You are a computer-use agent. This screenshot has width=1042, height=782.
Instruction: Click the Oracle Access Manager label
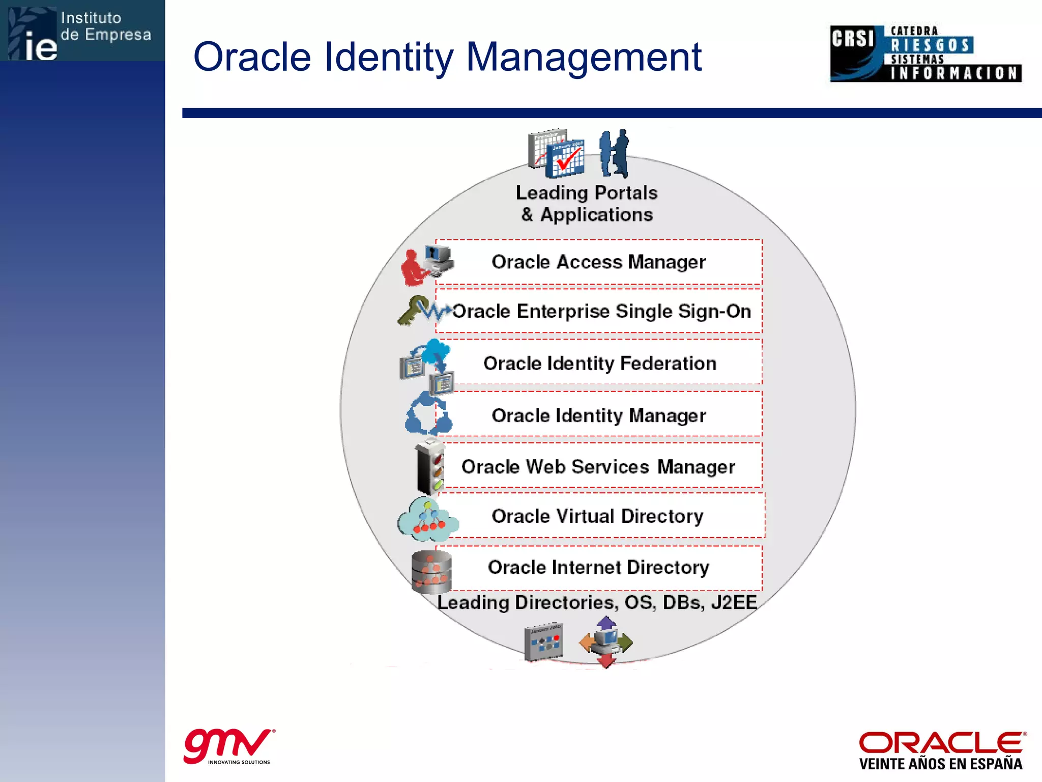pyautogui.click(x=598, y=262)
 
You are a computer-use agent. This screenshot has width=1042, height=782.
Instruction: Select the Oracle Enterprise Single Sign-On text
pyautogui.click(x=601, y=312)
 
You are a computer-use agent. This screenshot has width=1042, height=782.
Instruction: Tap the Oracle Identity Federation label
pyautogui.click(x=600, y=364)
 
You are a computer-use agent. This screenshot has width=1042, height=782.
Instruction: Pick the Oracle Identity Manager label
pyautogui.click(x=598, y=415)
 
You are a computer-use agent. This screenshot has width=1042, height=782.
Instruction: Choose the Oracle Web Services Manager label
pyautogui.click(x=598, y=467)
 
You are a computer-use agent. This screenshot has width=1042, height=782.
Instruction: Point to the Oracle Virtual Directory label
pyautogui.click(x=597, y=516)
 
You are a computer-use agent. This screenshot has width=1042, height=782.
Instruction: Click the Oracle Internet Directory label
pyautogui.click(x=598, y=567)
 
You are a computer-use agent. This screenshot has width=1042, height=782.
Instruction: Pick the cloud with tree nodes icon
pyautogui.click(x=427, y=519)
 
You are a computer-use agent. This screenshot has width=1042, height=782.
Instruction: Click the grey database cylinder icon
pyautogui.click(x=431, y=572)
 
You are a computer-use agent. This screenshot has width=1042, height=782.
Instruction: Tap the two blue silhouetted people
pyautogui.click(x=614, y=153)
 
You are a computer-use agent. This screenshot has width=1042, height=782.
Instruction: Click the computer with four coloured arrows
pyautogui.click(x=605, y=641)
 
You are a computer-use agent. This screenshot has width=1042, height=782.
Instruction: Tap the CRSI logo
pyautogui.click(x=925, y=53)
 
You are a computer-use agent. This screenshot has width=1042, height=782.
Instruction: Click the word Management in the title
pyautogui.click(x=584, y=57)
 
